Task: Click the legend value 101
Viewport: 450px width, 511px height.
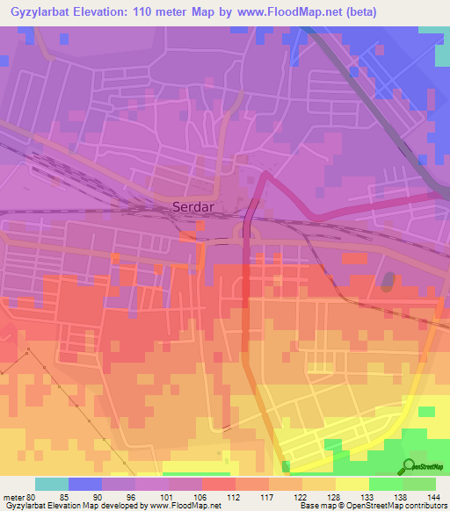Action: click(163, 497)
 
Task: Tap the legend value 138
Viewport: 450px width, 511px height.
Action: click(399, 497)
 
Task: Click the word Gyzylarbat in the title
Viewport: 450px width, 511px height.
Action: click(38, 11)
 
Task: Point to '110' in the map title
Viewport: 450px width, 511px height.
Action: click(146, 11)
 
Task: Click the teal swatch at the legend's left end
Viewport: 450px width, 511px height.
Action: click(52, 484)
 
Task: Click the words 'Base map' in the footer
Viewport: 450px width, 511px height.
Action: click(315, 506)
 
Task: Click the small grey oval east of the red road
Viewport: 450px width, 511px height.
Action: click(388, 281)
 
